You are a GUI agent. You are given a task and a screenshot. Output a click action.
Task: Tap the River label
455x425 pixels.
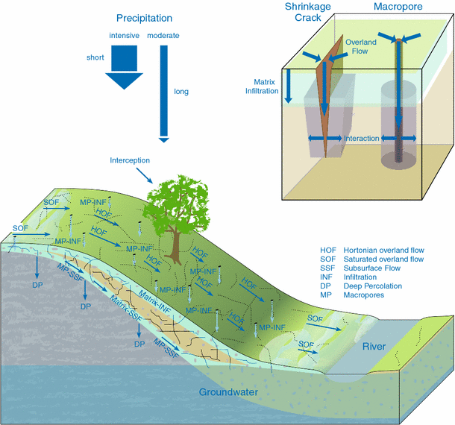[x=374, y=347]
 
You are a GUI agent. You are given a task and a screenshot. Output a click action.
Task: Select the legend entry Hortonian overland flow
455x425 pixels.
[x=370, y=250]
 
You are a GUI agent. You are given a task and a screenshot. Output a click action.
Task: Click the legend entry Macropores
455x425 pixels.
[x=360, y=295]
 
